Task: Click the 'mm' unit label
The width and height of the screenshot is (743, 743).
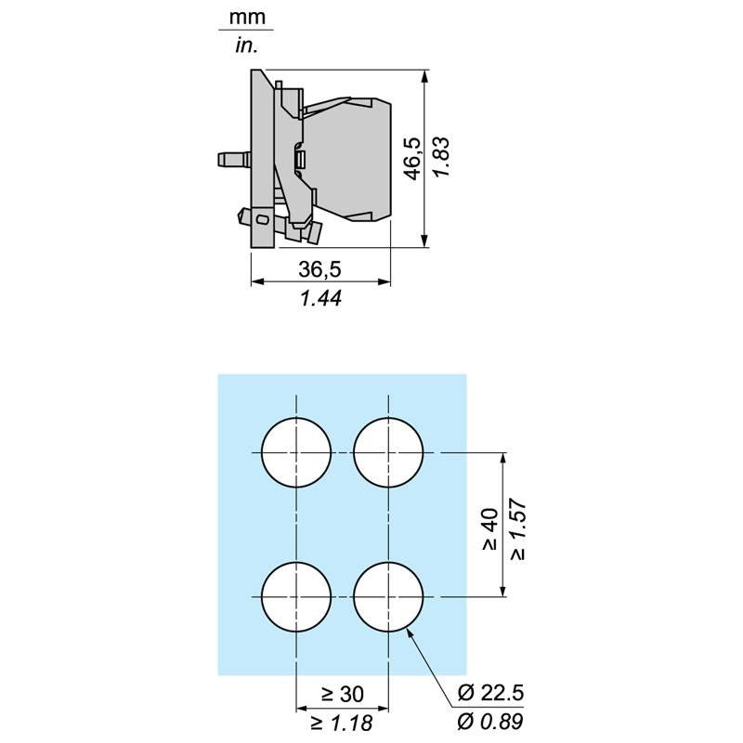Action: [x=247, y=18]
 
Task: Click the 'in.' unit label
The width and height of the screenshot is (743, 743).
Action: [x=247, y=46]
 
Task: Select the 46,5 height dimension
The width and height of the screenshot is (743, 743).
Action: [x=413, y=158]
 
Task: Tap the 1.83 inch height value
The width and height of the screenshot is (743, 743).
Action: [x=441, y=157]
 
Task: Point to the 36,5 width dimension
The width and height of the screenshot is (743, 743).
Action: [x=319, y=269]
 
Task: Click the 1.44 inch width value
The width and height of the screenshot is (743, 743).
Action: [x=320, y=298]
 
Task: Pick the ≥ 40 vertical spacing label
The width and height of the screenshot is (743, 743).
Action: [x=491, y=529]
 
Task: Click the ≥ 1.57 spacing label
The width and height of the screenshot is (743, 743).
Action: [x=518, y=528]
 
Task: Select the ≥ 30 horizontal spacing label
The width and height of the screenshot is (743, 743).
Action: [x=343, y=694]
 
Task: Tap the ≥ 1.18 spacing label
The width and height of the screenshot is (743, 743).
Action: [x=342, y=723]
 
